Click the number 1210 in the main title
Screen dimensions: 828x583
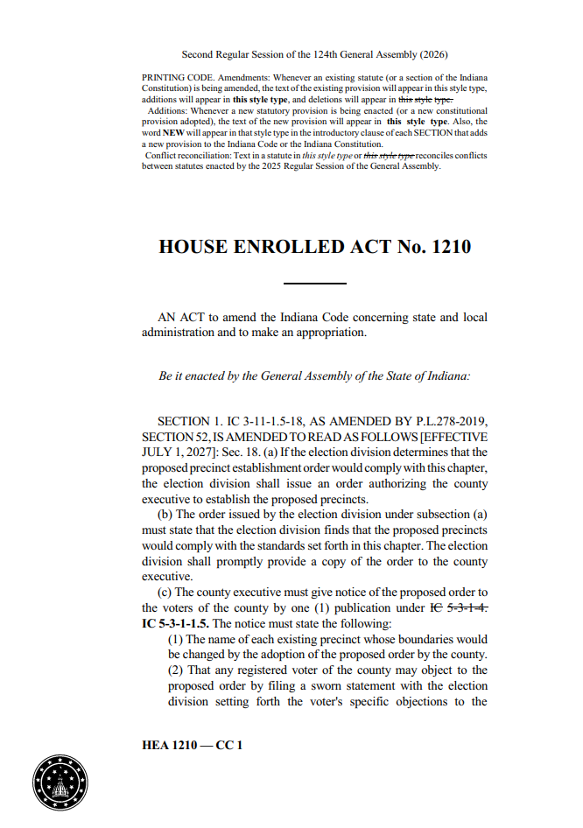(x=446, y=247)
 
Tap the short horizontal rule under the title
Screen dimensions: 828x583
(x=315, y=284)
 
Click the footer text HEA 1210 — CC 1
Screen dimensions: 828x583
(x=191, y=745)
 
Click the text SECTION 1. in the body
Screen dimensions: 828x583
(x=193, y=421)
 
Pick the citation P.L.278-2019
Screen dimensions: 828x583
(x=439, y=421)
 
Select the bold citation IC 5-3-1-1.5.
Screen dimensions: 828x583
(x=175, y=623)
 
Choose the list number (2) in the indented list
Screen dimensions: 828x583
(x=176, y=670)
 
